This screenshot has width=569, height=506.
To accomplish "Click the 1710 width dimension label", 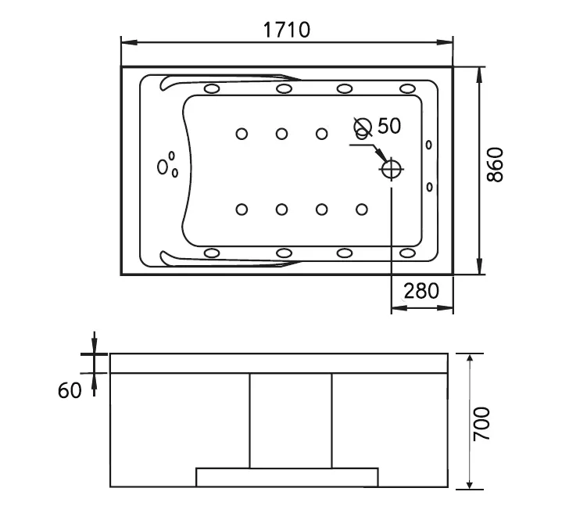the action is pos(287,30).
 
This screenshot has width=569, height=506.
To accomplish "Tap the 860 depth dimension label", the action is pos(495,164).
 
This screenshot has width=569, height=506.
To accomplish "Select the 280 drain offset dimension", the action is pos(421,291).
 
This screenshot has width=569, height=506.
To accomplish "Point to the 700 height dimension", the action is pos(481,424).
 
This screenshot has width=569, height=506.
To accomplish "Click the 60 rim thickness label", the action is pos(70,391).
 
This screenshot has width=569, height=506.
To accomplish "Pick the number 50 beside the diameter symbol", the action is pos(389,126).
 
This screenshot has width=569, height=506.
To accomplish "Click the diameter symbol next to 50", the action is pos(363,127).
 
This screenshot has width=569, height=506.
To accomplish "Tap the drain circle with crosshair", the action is pos(391,169).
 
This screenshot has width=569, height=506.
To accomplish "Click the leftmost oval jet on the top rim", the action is pos(212,88).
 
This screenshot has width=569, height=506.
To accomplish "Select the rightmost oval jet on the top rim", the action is pos(407,88).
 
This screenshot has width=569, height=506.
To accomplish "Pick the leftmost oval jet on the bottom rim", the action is pos(212,253).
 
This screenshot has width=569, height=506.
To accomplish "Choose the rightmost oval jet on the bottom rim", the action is pos(407,253).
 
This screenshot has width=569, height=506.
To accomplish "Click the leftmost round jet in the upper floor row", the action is pos(242,134).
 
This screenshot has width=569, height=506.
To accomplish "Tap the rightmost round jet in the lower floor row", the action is pos(361,210).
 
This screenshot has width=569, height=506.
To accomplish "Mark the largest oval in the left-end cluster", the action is pos(163,167).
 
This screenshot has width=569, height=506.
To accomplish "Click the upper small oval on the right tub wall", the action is pos(428,145).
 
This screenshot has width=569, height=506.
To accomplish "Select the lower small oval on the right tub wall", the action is pos(429,187).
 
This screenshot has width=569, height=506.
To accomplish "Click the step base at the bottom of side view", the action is pos(287,477).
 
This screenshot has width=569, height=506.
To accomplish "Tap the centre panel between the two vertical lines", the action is pos(291,420).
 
